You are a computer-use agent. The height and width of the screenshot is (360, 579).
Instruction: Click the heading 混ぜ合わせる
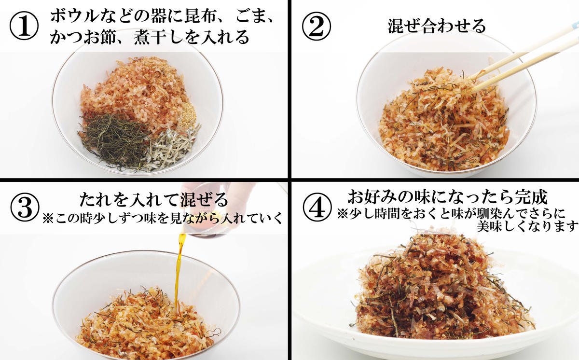[x=437, y=26]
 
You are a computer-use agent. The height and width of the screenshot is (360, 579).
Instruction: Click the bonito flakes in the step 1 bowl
[x=140, y=92]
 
